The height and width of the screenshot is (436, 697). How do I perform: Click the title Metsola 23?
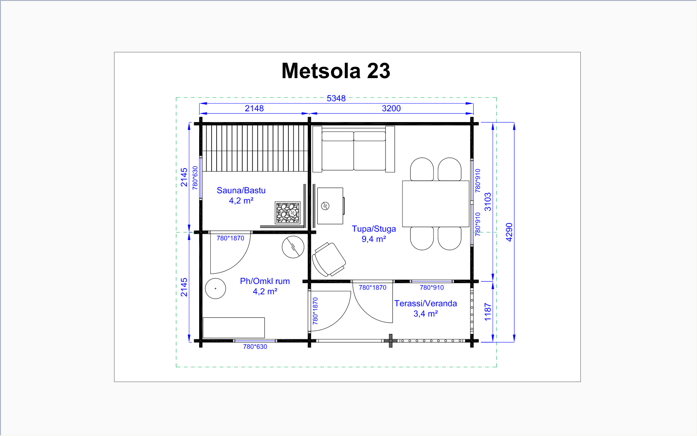coord(336,71)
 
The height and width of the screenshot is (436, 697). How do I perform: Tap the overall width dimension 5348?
coord(336,98)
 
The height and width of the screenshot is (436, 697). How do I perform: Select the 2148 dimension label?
coord(254,108)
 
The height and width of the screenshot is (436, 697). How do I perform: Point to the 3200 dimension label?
coord(391,108)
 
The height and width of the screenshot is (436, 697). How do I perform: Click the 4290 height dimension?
coord(509,232)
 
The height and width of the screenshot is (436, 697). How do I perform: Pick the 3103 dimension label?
coord(488,202)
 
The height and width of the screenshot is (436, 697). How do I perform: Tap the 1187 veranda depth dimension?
coord(488,312)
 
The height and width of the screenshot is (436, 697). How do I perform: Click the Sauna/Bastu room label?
coord(241,190)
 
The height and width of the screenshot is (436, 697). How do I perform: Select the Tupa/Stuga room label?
coord(374,229)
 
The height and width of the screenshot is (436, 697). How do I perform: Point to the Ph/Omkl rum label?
coord(265,281)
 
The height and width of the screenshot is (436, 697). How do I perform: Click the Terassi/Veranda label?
coord(426,304)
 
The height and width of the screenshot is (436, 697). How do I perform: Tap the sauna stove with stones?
coord(288,213)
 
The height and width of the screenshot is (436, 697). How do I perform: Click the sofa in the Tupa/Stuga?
coord(353,149)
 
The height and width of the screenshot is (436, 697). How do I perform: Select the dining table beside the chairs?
coord(436,203)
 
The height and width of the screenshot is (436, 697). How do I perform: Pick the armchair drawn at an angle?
coord(329,260)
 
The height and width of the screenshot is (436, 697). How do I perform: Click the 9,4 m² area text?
coord(374,239)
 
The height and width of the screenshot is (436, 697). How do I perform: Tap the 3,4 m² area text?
coord(426,314)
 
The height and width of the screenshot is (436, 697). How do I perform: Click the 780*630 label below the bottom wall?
coord(255,347)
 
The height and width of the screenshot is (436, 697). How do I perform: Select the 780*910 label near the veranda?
coord(431,287)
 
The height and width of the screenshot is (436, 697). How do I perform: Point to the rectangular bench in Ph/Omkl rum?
coord(234,328)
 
